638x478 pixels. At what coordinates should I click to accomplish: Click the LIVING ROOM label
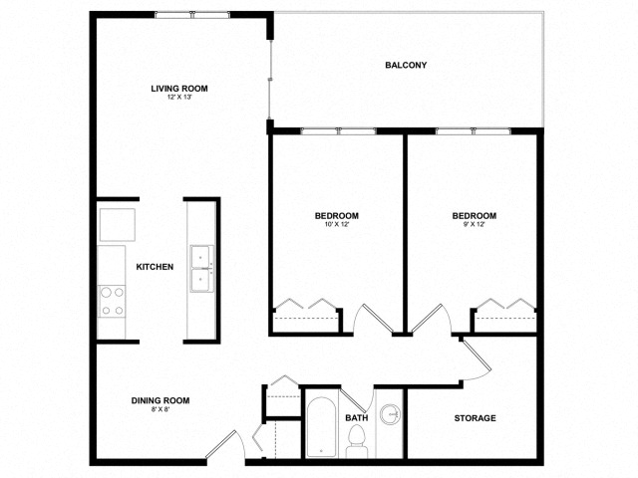click(179, 89)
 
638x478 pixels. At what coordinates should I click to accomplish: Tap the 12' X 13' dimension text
click(179, 99)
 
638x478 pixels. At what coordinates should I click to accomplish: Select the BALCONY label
click(406, 66)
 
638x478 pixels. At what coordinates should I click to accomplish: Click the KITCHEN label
click(156, 267)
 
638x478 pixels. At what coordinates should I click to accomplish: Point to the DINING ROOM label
click(160, 400)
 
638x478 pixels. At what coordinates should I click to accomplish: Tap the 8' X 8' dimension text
click(160, 410)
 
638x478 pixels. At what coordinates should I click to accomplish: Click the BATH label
click(357, 418)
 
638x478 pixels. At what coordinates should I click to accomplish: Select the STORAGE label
click(475, 418)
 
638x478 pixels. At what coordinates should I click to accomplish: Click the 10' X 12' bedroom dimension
click(337, 225)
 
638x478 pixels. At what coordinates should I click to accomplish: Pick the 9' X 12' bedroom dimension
click(474, 225)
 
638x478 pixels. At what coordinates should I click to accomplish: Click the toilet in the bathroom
click(356, 443)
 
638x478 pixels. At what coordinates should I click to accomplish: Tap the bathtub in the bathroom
click(322, 429)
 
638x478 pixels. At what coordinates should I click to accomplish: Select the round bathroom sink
click(390, 415)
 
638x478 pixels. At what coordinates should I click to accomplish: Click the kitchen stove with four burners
click(112, 300)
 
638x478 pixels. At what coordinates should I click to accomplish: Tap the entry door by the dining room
click(223, 448)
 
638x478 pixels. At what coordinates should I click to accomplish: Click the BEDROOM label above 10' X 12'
click(337, 215)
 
